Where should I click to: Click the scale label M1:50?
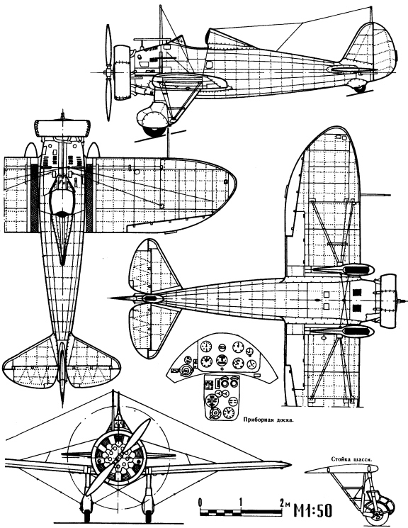[313, 510]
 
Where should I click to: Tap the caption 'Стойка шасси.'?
[351, 459]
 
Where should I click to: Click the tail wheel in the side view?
[359, 89]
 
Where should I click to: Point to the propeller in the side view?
[108, 72]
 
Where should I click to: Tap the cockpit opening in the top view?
[62, 201]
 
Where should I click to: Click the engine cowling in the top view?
[62, 128]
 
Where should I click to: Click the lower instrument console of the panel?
[222, 398]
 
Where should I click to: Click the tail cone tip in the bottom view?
[110, 298]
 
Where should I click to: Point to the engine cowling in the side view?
[121, 72]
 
